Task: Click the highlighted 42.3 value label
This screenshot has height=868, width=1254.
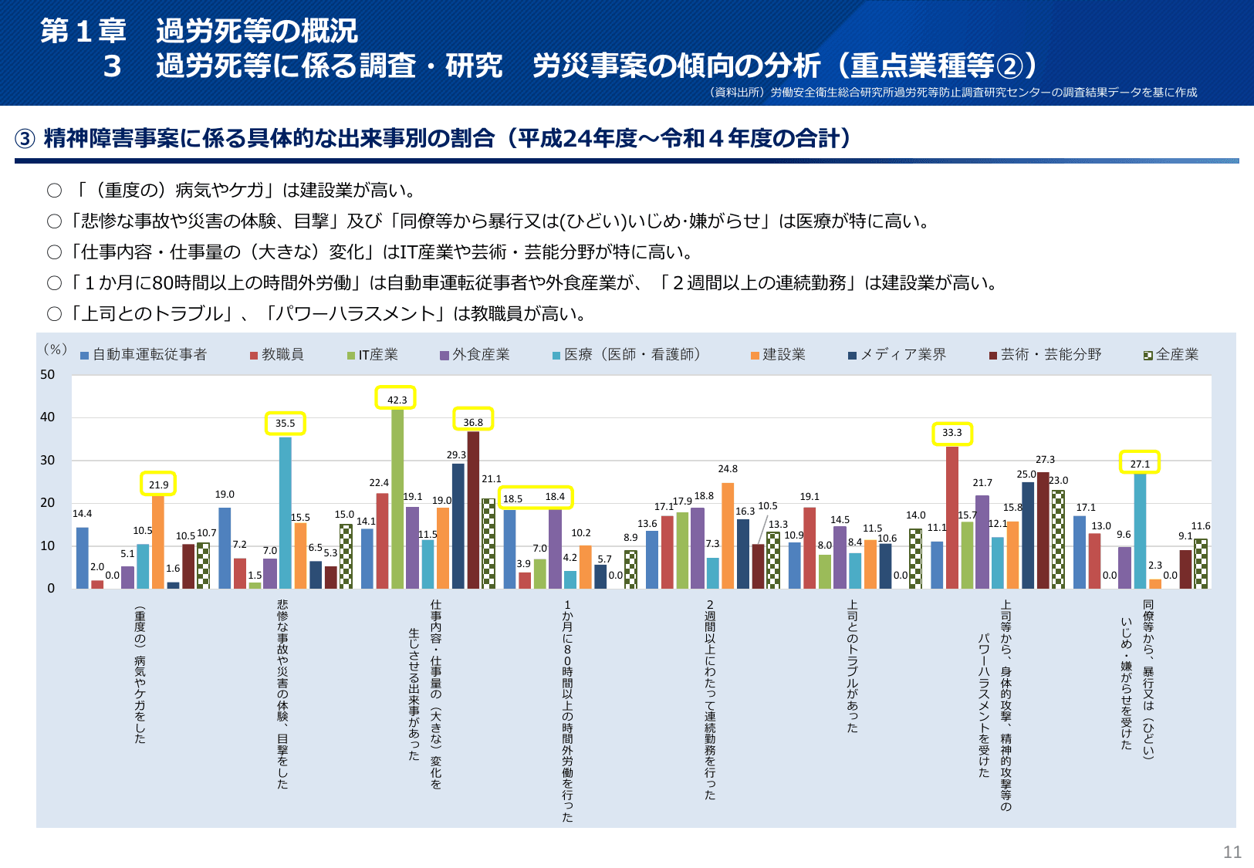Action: [396, 399]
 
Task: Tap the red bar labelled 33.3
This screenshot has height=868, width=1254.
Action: [952, 517]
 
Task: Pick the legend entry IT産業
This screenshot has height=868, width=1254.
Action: [373, 354]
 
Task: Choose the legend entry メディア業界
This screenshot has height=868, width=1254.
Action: [897, 354]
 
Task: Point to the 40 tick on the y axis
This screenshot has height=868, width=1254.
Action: [48, 417]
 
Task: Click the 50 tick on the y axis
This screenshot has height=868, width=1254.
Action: [48, 375]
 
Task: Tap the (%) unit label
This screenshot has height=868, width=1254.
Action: [55, 350]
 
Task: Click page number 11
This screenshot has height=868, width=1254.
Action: [1232, 852]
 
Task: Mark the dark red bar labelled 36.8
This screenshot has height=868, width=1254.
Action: [473, 509]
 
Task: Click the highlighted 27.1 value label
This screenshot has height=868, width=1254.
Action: [1140, 464]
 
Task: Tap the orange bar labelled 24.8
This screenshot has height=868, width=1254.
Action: [728, 535]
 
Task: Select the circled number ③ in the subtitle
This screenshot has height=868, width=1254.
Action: [25, 139]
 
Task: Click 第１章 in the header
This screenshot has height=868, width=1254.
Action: [83, 31]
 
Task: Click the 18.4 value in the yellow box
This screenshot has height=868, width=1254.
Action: [555, 497]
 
